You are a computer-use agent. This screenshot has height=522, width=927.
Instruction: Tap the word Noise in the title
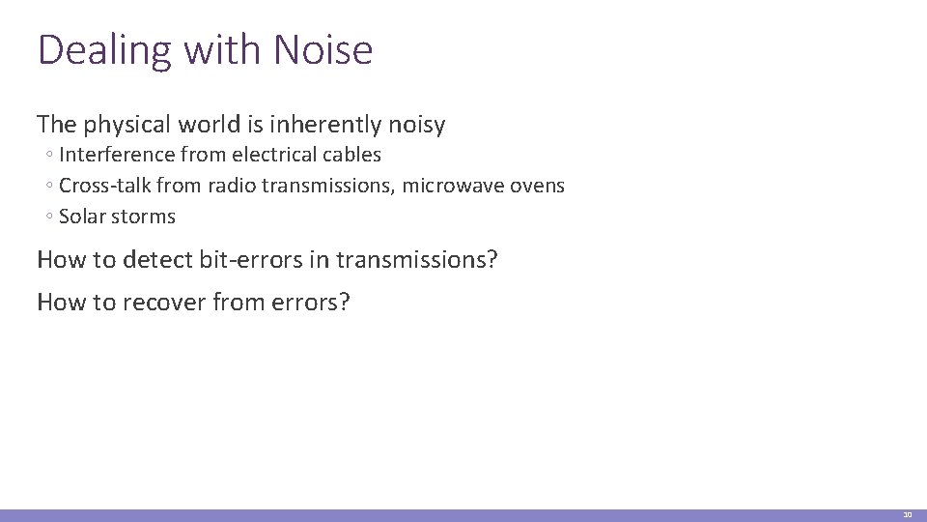click(323, 50)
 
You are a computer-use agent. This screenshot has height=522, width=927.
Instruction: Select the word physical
click(129, 125)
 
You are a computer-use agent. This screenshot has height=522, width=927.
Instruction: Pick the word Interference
click(117, 155)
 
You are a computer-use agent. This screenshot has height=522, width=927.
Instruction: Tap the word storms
click(142, 217)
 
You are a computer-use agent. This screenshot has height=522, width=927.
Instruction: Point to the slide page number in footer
click(907, 515)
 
